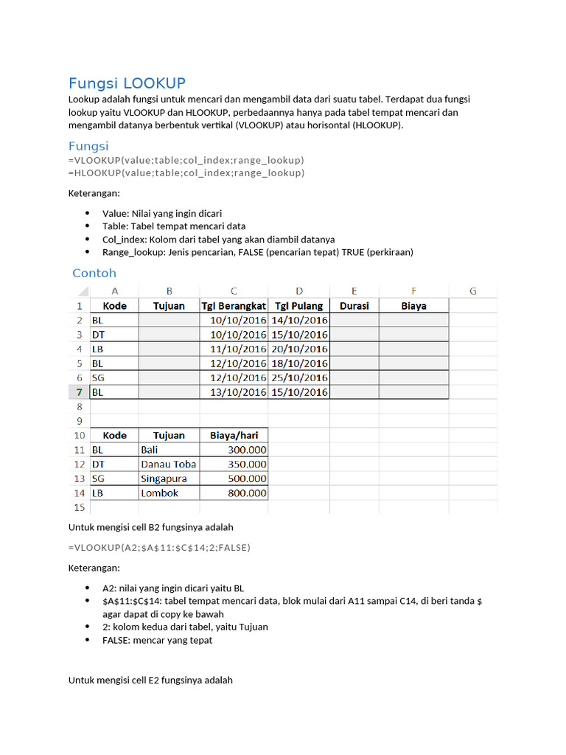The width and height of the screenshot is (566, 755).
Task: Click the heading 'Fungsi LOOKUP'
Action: coord(127,83)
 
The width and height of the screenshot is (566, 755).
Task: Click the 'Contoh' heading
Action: coord(94,273)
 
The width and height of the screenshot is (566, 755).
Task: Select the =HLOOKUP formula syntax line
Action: coord(186,173)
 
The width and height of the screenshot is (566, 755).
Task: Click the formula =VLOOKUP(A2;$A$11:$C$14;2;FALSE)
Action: coord(159,547)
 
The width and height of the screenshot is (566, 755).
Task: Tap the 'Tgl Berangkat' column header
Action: coord(234,305)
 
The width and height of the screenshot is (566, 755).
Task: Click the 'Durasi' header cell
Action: coord(354,305)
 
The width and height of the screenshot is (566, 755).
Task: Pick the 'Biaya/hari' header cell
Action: coord(234,435)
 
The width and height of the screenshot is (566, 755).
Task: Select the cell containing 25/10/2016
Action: coord(298,377)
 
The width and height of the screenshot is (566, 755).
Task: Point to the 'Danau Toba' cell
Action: coord(168,464)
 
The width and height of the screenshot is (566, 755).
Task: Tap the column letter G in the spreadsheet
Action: coord(472,290)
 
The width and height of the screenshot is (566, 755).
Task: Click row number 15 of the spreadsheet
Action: coord(78,507)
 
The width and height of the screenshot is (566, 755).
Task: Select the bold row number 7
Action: coord(78,392)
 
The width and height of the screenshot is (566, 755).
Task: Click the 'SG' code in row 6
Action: coord(99,377)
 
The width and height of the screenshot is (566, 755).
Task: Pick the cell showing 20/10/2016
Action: coord(298,349)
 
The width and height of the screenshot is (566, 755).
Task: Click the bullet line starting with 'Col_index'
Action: coord(218,239)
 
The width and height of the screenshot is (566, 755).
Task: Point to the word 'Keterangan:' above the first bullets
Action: coord(93,193)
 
